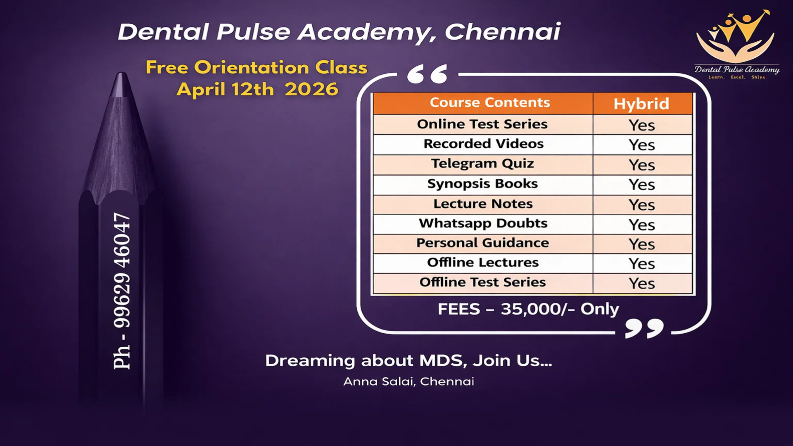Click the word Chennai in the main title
[x=502, y=32]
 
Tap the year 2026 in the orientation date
[x=311, y=89]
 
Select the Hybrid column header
[x=641, y=104]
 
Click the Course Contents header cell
[x=490, y=102]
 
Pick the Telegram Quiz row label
[x=482, y=164]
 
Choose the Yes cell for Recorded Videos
[x=642, y=145]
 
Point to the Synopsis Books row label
[x=482, y=183]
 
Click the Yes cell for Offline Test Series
[x=642, y=283]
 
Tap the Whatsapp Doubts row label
[x=483, y=223]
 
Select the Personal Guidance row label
[x=482, y=243]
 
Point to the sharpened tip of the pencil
[x=121, y=83]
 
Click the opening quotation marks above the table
[x=427, y=74]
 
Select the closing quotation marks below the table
[x=644, y=328]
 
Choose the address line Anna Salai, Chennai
[x=408, y=381]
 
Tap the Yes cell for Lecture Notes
[x=642, y=205]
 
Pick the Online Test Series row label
[x=482, y=124]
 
